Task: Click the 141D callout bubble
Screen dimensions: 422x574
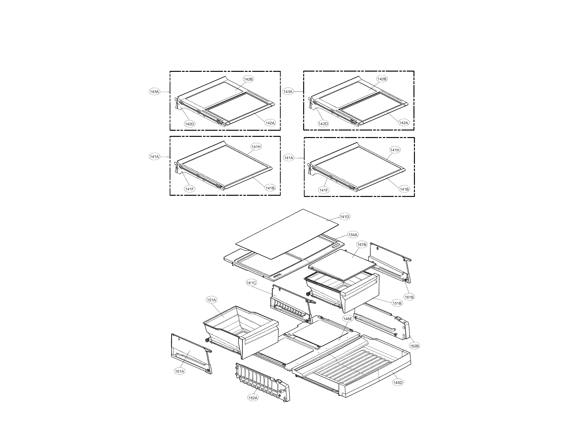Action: [344, 217]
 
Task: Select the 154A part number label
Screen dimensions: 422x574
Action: [353, 234]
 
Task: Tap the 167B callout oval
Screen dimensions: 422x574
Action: [362, 245]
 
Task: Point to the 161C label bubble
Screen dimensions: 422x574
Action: [251, 283]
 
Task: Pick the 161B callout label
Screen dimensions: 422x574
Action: [409, 297]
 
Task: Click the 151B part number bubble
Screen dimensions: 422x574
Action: [397, 303]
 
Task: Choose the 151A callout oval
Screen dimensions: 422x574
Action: [211, 300]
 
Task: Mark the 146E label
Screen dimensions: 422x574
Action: [348, 319]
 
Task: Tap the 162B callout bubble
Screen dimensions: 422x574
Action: [414, 346]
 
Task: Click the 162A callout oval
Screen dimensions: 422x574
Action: [253, 398]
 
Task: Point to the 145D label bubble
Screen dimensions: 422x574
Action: [398, 383]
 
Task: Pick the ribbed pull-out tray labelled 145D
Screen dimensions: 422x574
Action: [357, 365]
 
